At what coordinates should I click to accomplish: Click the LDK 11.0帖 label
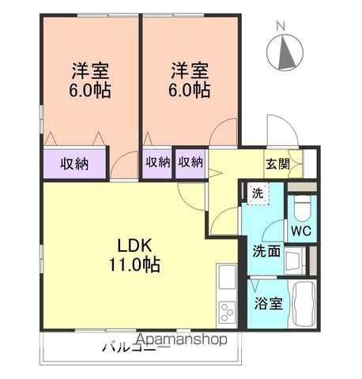pyautogui.click(x=141, y=254)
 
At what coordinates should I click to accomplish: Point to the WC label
pyautogui.click(x=300, y=231)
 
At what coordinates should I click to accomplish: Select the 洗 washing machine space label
pyautogui.click(x=258, y=193)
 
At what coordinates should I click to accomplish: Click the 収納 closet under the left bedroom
pyautogui.click(x=74, y=163)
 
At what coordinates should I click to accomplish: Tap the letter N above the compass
pyautogui.click(x=280, y=25)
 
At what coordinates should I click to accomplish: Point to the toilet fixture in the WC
pyautogui.click(x=301, y=207)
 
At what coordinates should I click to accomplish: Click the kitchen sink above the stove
pyautogui.click(x=226, y=279)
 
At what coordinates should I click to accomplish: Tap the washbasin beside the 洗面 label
pyautogui.click(x=295, y=258)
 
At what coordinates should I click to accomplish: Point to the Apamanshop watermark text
pyautogui.click(x=183, y=340)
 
